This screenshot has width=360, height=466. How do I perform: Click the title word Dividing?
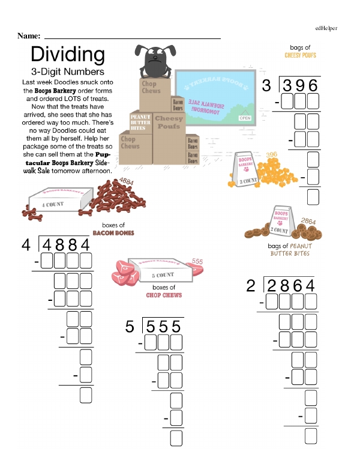coord(67,55)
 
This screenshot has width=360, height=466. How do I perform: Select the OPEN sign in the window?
coord(245,118)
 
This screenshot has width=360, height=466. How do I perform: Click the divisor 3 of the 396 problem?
coord(267,85)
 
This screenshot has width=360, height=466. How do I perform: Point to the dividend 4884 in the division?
coord(65,246)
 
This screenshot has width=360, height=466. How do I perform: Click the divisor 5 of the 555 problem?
coord(130,327)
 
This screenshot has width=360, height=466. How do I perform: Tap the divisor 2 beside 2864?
coord(251,286)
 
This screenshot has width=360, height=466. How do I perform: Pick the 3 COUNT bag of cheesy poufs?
coord(248,170)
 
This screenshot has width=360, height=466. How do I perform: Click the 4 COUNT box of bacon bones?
coord(60,199)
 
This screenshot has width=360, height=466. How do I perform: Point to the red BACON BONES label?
coord(113,232)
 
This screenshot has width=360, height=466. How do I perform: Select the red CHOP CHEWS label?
coord(164,295)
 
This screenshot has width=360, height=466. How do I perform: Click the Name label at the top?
coord(29,36)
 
